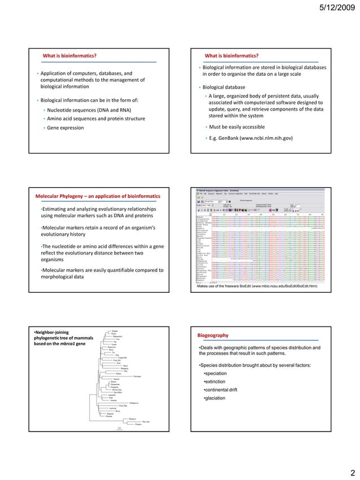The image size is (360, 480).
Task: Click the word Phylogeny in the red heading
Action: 78,196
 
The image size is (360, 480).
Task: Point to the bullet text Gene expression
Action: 65,128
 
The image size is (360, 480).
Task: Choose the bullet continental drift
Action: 223,390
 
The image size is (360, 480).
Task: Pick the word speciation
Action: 217,373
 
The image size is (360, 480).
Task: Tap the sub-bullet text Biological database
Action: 224,87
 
